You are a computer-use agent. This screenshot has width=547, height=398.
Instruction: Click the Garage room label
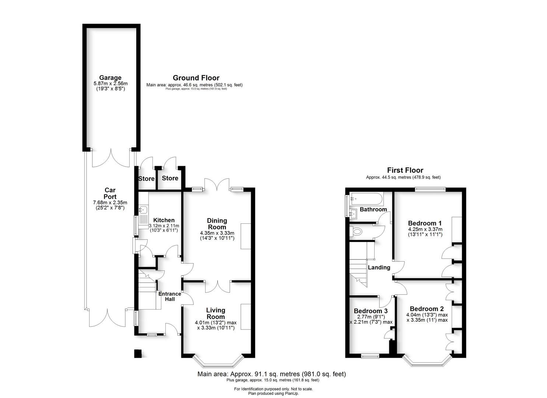point(110,78)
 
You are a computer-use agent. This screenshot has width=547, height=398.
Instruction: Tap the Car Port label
point(110,193)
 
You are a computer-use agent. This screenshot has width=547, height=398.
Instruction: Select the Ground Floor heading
point(196,78)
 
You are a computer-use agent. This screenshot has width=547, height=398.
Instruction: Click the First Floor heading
point(405,170)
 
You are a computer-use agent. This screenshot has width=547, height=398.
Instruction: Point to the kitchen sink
point(143,210)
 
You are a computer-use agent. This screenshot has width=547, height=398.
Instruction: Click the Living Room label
point(215,313)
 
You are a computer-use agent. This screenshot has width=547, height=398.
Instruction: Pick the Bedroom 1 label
point(425,223)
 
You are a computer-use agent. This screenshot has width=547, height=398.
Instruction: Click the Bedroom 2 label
point(427,309)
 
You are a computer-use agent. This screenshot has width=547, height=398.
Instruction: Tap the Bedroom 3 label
point(370,311)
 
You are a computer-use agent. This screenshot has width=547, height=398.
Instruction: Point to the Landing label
point(379,268)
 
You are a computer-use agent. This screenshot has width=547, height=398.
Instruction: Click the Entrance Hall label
point(169,296)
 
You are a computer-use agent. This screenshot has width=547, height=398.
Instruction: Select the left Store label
point(146,179)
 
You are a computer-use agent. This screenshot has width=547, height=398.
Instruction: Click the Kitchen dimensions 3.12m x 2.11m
point(164,228)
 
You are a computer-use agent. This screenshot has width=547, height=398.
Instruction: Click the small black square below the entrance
point(138,353)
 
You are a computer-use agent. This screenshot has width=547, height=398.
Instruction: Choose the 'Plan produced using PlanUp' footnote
point(273,394)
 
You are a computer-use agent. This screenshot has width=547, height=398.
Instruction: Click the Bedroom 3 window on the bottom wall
point(370,356)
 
